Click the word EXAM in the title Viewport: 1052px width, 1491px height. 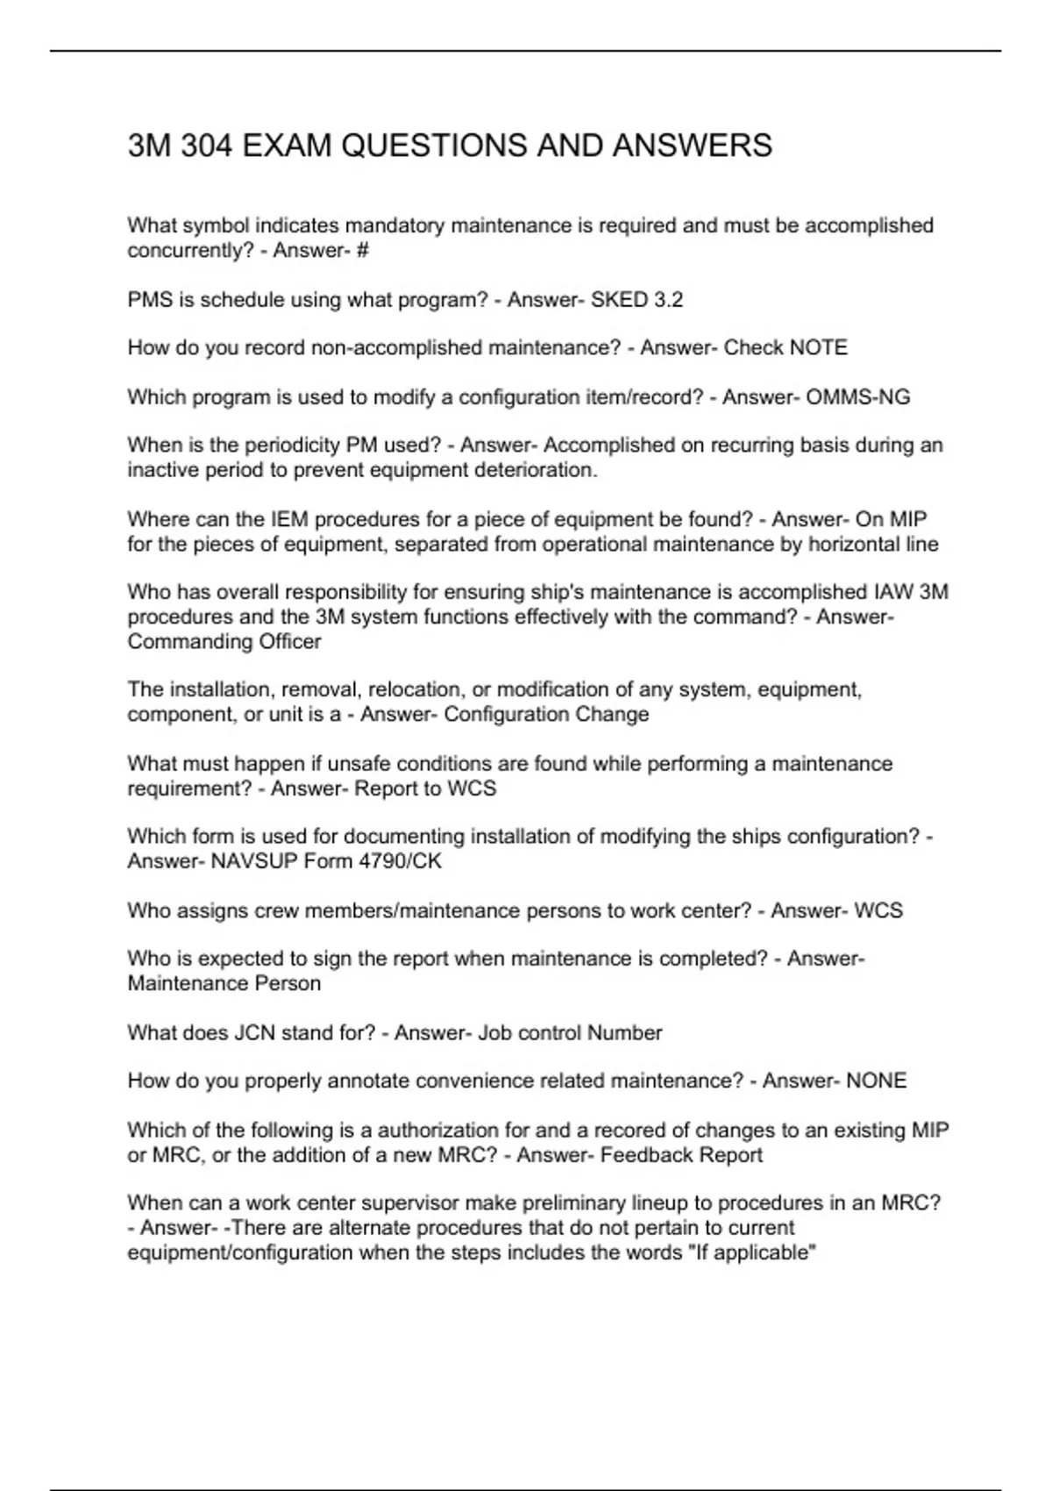[286, 146]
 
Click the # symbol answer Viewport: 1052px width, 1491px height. [363, 251]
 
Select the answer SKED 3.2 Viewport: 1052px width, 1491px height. [636, 300]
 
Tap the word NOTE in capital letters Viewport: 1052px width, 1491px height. [818, 348]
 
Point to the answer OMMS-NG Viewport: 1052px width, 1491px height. [857, 397]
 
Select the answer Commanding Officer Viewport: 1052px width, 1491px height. [224, 642]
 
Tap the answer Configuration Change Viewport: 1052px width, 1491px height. [546, 715]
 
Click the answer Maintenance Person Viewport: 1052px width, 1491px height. [224, 984]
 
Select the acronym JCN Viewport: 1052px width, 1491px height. [255, 1033]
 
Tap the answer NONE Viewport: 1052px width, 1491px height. [876, 1081]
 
